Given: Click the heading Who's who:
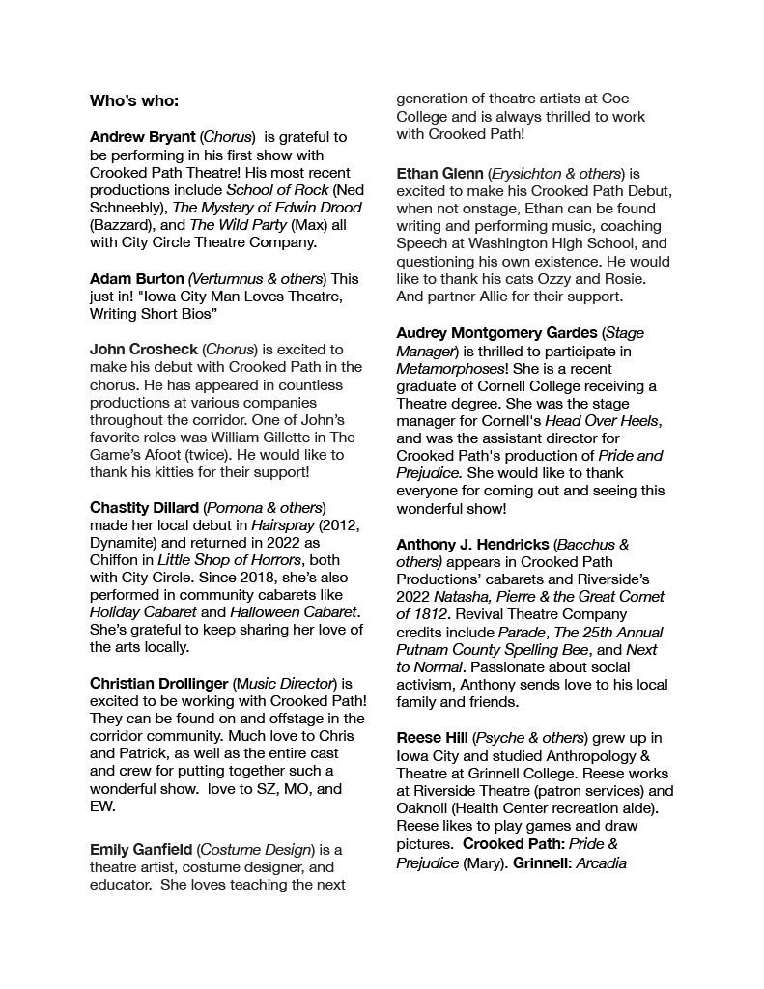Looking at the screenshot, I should click(134, 100).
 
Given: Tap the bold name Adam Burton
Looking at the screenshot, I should click(136, 278).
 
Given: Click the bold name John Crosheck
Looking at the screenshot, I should click(143, 349).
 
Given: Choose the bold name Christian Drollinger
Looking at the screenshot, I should click(158, 683).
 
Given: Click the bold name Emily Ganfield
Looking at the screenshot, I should click(141, 850).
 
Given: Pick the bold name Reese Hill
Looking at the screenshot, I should click(432, 738).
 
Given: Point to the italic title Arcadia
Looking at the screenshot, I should click(602, 862).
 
